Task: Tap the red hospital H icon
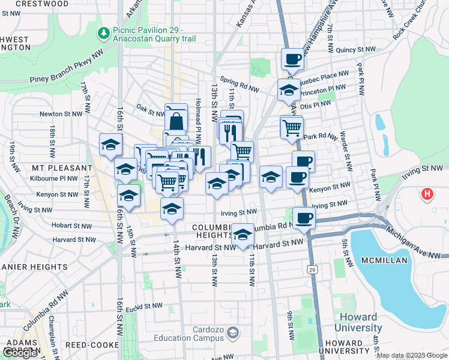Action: coord(427,194)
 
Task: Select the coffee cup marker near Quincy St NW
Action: coord(292,59)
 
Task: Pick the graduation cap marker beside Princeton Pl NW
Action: coord(289,90)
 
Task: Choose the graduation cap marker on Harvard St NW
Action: coord(243,234)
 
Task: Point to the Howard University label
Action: coord(358,322)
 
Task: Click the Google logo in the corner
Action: coord(20,352)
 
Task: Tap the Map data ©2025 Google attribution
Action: coord(412,356)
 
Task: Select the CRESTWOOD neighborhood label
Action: coord(42,4)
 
